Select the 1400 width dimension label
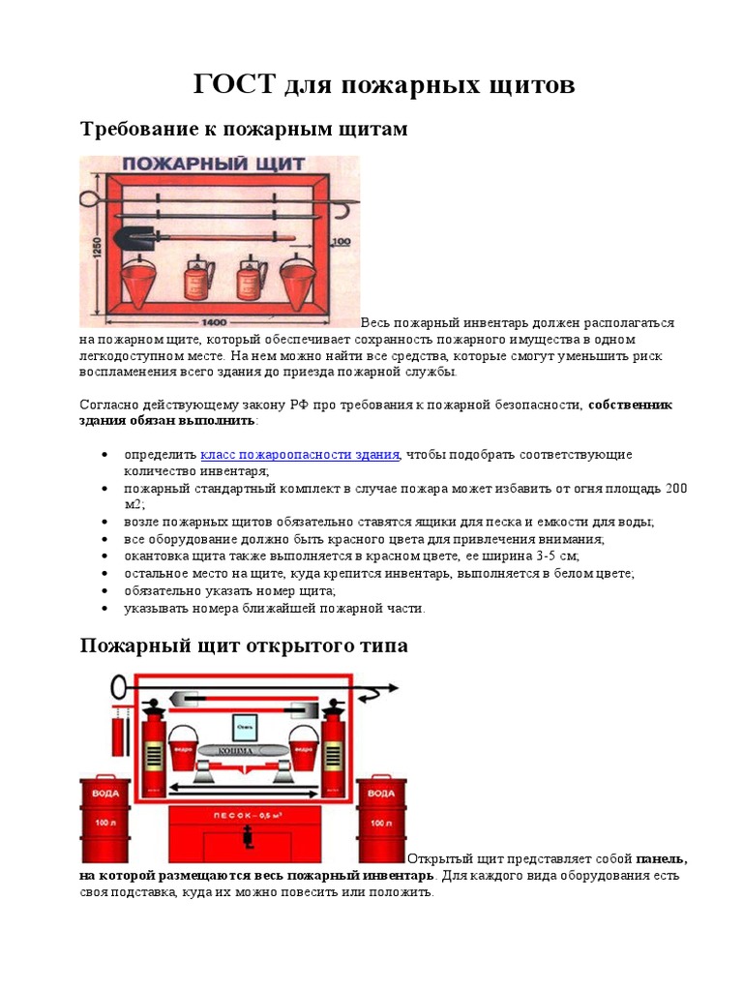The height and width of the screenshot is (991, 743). pyautogui.click(x=216, y=320)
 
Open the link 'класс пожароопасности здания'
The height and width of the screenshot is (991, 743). pyautogui.click(x=300, y=454)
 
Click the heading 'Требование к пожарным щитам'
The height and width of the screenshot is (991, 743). pyautogui.click(x=244, y=129)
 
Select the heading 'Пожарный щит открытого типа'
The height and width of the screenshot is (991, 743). pyautogui.click(x=244, y=646)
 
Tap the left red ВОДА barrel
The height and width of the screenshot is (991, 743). pyautogui.click(x=103, y=820)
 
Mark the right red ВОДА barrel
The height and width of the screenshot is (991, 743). pyautogui.click(x=381, y=820)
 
